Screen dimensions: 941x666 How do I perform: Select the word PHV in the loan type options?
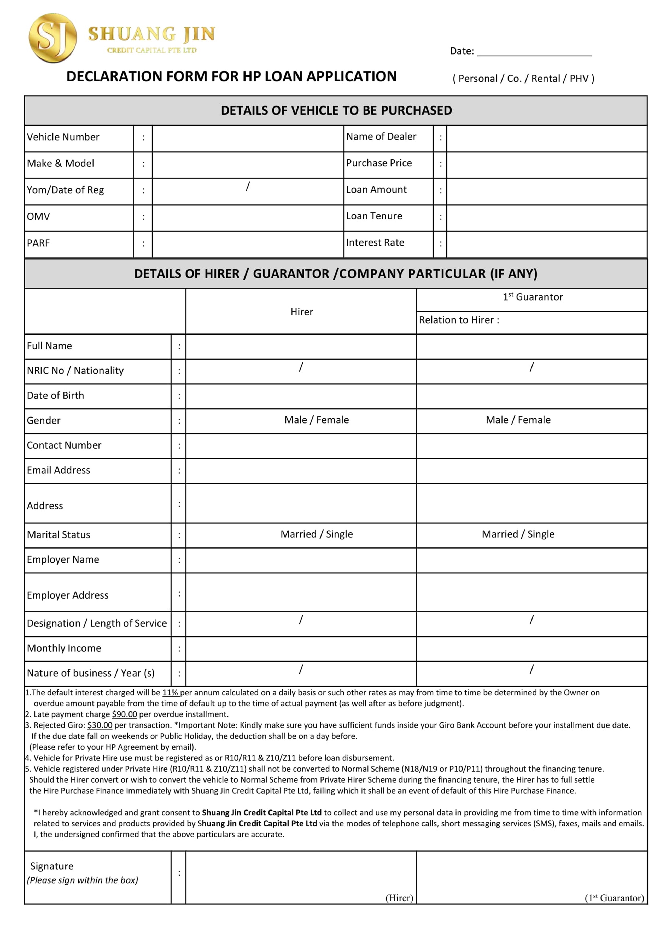(579, 79)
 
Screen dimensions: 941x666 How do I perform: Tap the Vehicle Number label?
(63, 137)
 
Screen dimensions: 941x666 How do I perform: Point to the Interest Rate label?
(375, 243)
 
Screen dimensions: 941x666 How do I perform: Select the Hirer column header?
(301, 312)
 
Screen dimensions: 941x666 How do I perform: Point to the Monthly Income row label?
(64, 648)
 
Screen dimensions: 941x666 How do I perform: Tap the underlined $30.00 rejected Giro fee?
(100, 725)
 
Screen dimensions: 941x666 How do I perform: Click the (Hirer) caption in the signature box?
(399, 898)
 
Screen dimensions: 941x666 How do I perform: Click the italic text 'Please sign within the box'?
(83, 880)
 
